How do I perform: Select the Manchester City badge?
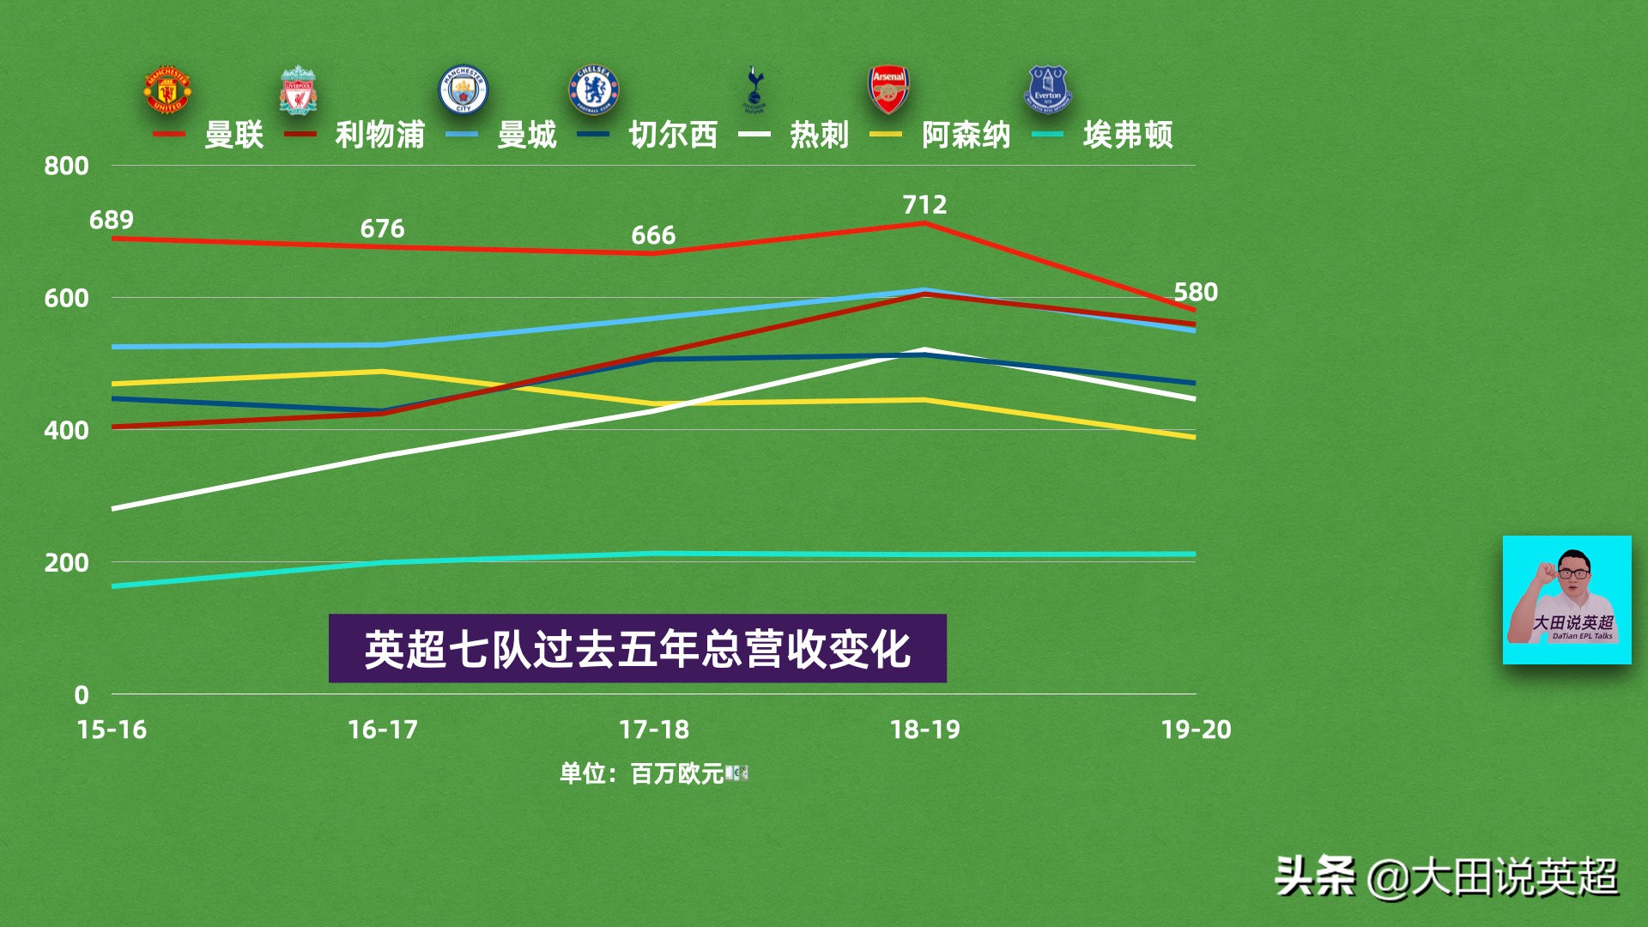coord(463,90)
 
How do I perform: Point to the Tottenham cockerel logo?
coord(754,89)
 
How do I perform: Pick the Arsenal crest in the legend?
coord(888,90)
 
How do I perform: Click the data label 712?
coord(924,205)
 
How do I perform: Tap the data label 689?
coord(112,221)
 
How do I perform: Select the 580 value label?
coord(1196,293)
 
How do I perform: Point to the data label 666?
coord(653,235)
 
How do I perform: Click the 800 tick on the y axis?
coord(66,166)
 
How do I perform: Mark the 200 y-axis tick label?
coord(66,563)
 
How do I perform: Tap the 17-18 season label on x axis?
coord(654,730)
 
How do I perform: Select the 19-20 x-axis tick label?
coord(1196,730)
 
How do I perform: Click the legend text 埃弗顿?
coord(1128,135)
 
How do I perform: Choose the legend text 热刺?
coord(820,135)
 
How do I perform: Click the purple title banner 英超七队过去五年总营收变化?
coord(637,649)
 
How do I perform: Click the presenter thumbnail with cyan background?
coord(1566,600)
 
